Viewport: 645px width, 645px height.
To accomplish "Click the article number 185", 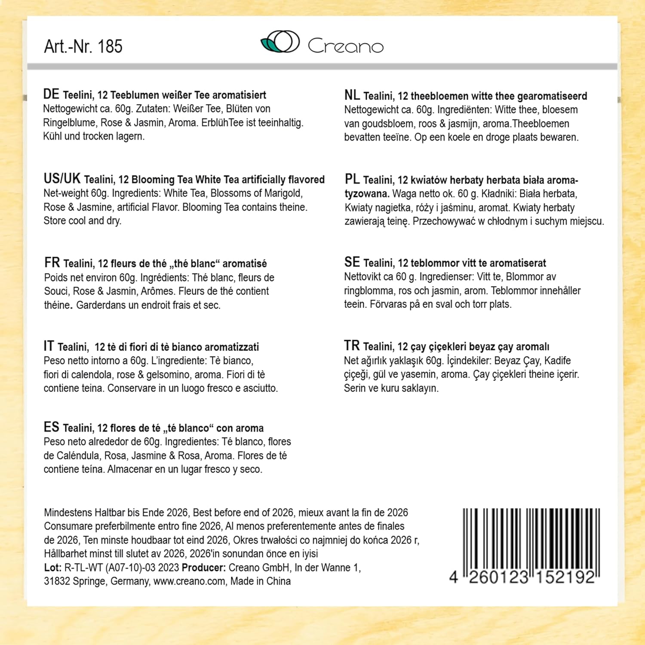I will [110, 46].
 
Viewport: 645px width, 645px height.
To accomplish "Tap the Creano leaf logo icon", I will [280, 42].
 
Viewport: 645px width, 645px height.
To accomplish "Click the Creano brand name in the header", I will [345, 46].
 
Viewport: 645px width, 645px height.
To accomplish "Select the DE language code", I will [51, 94].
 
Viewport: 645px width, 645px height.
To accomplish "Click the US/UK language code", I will [62, 178].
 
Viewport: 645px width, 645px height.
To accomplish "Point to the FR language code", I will [52, 262].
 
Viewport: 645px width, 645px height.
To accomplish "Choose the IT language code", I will [49, 346].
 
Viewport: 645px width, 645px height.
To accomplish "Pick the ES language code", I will [51, 427].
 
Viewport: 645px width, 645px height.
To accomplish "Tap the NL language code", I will [352, 95].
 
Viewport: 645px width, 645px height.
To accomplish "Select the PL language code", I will [352, 179].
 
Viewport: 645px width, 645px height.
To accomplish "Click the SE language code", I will [352, 262].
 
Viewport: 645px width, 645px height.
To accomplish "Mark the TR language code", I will [352, 346].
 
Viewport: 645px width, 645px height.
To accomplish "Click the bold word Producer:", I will [203, 568].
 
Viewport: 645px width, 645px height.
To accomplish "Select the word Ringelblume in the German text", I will [70, 123].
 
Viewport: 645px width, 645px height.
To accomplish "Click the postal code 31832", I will [57, 581].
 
